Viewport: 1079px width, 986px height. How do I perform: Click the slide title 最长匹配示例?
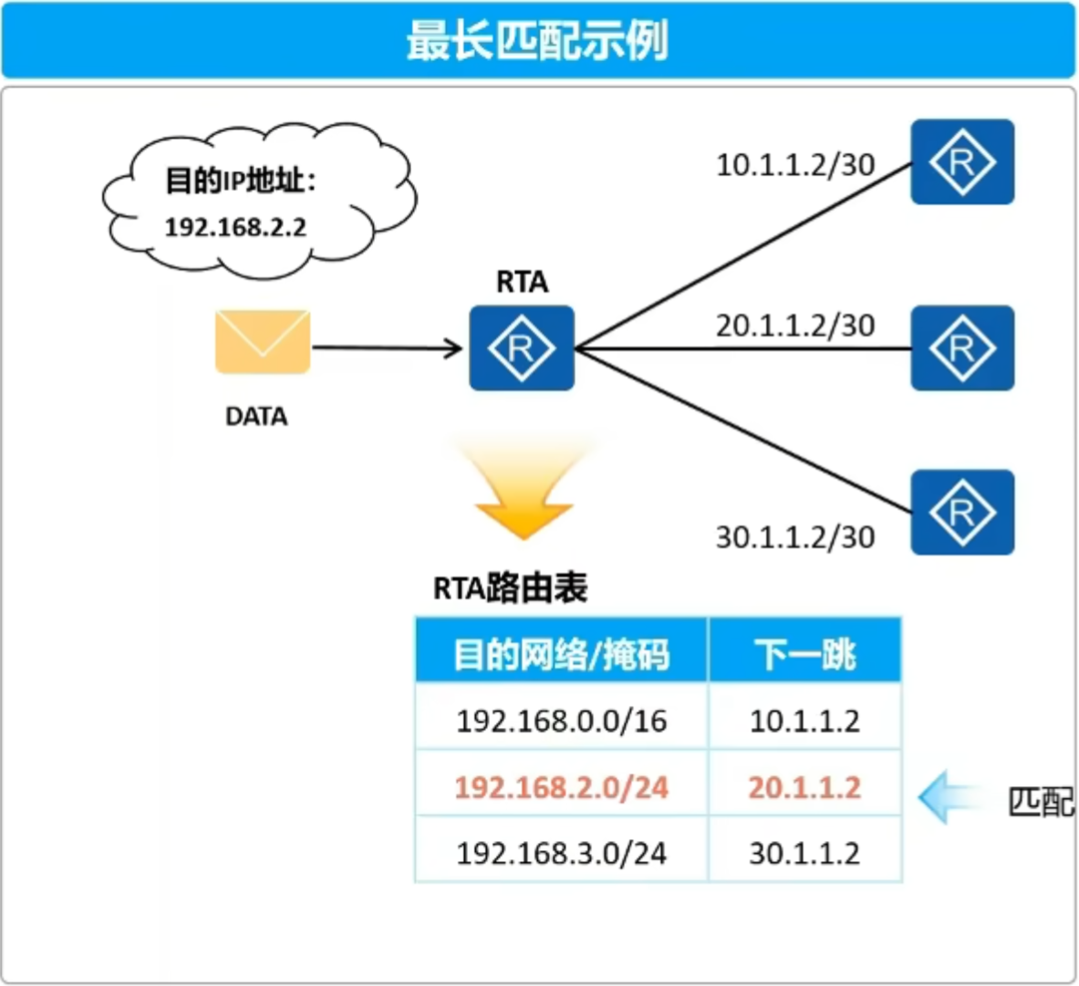coord(537,40)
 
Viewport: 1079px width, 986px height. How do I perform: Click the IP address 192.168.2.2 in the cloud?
coord(235,227)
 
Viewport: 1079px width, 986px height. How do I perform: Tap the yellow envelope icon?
coord(263,342)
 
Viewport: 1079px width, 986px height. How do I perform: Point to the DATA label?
coord(256,416)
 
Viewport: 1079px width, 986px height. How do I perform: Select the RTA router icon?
coord(522,348)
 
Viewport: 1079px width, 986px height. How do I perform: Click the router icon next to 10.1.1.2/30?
coord(962,161)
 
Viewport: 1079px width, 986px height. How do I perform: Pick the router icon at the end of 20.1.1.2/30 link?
coord(962,348)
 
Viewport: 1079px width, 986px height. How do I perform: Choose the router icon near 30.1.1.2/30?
coord(962,512)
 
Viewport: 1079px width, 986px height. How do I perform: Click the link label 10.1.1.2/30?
coord(795,165)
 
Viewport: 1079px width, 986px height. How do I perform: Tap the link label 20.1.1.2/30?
coord(795,326)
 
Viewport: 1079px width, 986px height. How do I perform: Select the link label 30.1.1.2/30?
coord(795,537)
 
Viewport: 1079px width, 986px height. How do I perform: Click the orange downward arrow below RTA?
coord(524,490)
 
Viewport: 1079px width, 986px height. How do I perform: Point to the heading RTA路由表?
coord(510,588)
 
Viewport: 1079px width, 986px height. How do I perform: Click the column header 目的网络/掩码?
coord(561,654)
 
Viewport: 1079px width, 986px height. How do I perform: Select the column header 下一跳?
coord(804,654)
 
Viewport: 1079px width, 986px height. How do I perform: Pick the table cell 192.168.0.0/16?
coord(562,721)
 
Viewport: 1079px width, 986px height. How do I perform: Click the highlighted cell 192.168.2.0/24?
coord(562,787)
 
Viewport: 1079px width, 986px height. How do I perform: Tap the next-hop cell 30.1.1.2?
coord(804,854)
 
